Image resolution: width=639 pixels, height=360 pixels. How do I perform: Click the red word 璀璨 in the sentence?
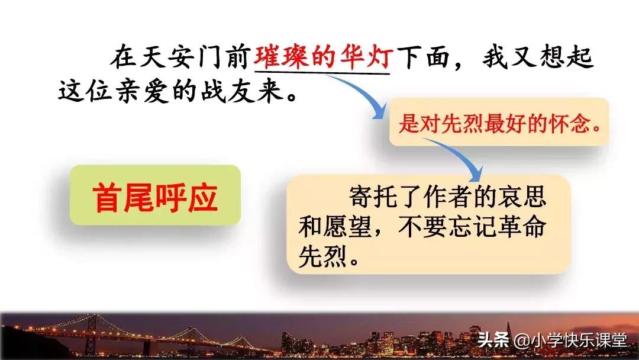(280, 57)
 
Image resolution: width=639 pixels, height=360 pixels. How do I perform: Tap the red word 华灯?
(367, 57)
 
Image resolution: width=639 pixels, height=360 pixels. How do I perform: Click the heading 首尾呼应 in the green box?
(155, 197)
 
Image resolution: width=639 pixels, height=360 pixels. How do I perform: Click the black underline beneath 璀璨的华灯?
(322, 73)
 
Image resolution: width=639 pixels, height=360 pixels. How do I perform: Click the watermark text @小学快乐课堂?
(570, 340)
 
